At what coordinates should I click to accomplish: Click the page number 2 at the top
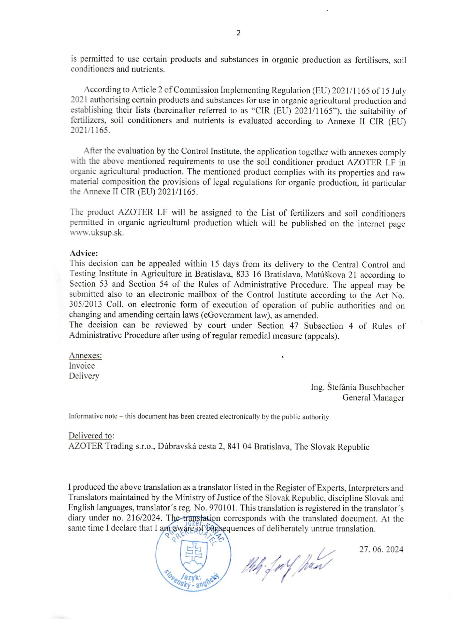pyautogui.click(x=239, y=33)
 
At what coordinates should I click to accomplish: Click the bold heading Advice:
pyautogui.click(x=83, y=253)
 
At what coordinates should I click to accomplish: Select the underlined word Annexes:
pyautogui.click(x=85, y=356)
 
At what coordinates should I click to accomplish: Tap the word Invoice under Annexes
pyautogui.click(x=82, y=366)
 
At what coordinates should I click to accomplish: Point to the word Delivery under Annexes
pyautogui.click(x=84, y=376)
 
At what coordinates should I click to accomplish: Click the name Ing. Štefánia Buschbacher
pyautogui.click(x=357, y=387)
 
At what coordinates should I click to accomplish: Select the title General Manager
pyautogui.click(x=373, y=398)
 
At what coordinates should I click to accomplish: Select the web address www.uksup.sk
pyautogui.click(x=97, y=234)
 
